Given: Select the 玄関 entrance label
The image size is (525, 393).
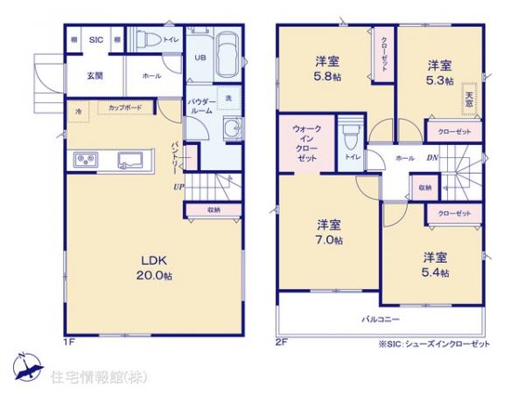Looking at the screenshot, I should (x=94, y=76).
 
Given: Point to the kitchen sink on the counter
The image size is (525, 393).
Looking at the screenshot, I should (x=131, y=159).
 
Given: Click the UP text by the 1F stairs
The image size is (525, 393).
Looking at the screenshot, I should (x=178, y=186).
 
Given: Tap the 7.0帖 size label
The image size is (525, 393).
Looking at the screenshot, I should (x=329, y=240).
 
